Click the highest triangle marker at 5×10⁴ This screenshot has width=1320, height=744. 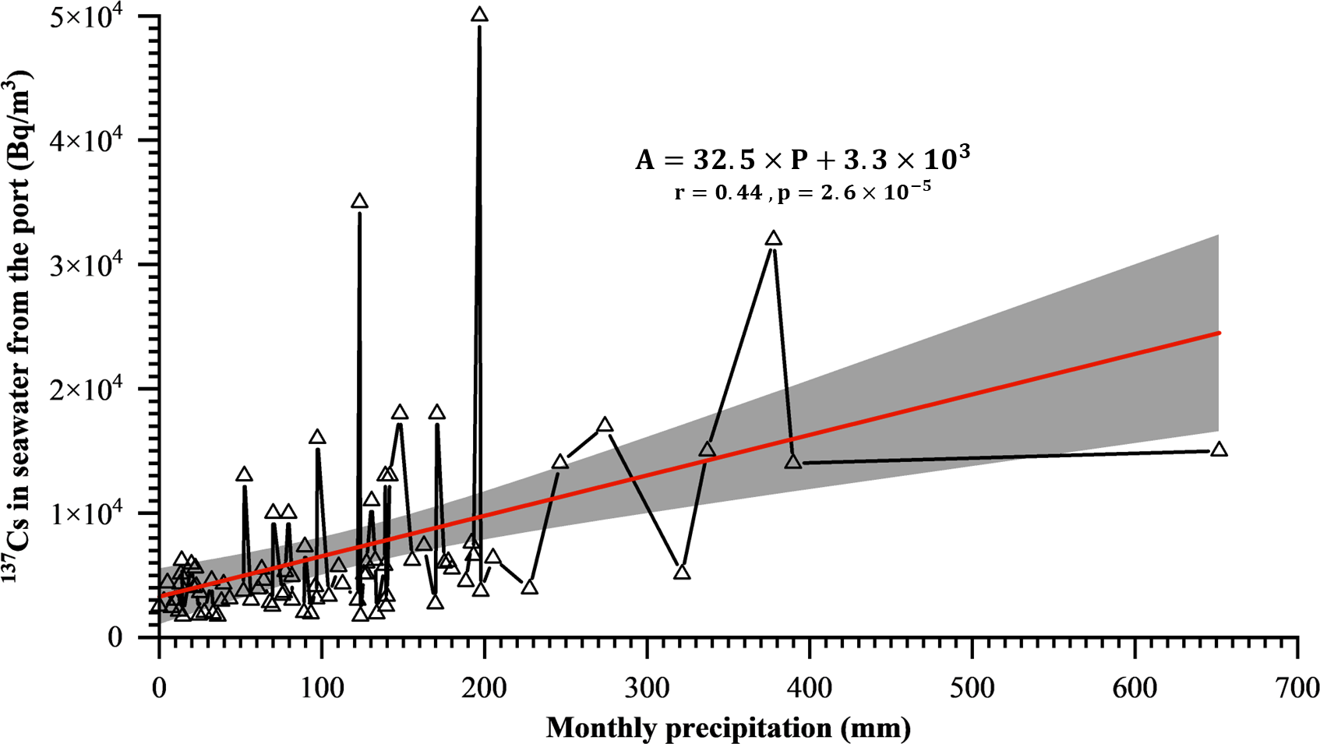click(479, 15)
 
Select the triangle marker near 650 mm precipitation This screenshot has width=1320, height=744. click(1219, 450)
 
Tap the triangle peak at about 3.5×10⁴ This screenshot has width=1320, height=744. click(359, 202)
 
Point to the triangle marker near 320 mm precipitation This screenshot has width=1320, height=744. click(682, 573)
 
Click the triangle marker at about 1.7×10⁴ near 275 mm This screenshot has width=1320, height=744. click(605, 425)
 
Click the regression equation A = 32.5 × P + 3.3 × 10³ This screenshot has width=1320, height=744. click(803, 160)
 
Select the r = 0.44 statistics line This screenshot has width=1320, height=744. click(803, 192)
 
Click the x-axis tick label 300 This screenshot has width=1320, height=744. click(647, 688)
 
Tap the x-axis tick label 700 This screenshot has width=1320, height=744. click(1297, 688)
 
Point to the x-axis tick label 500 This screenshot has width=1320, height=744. click(972, 688)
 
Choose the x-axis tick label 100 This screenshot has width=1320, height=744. click(322, 688)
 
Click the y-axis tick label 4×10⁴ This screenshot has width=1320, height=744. click(94, 140)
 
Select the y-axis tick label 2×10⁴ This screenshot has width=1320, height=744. click(94, 389)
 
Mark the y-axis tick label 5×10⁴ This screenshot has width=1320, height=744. click(94, 16)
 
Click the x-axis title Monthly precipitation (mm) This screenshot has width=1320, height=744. click(728, 728)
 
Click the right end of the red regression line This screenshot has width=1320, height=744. click(1218, 333)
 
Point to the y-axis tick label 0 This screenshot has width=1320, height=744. click(115, 637)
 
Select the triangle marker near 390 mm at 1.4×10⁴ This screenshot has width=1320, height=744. click(793, 462)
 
